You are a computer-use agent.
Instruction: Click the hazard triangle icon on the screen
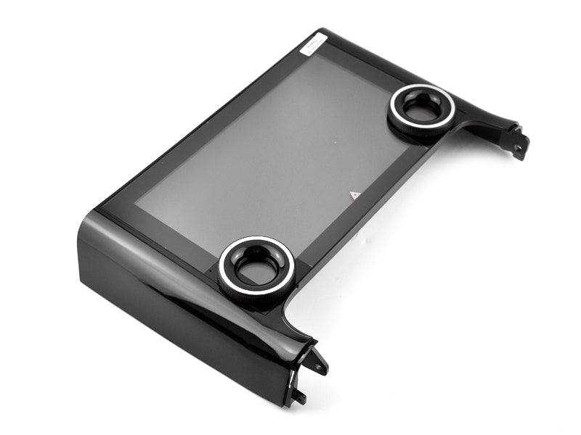pos(354,195)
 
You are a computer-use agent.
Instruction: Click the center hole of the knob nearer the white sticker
pos(421,109)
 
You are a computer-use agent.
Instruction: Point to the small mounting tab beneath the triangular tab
pos(298,396)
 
